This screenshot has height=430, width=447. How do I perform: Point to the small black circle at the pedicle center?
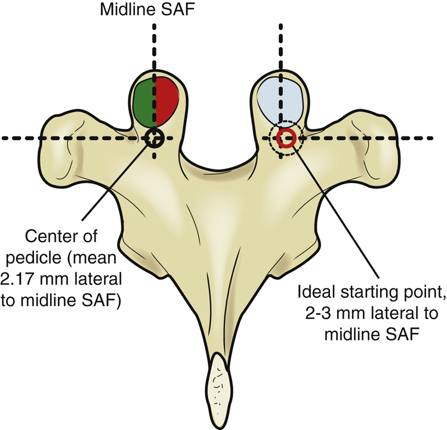click(155, 138)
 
